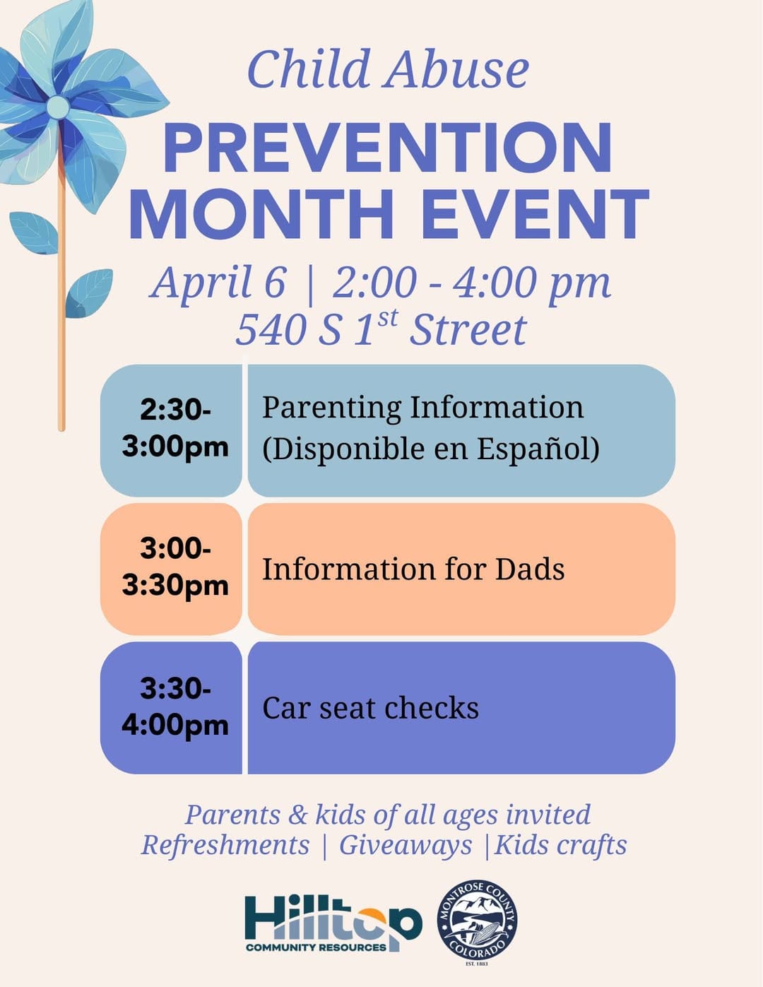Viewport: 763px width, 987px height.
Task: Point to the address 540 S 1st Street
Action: pyautogui.click(x=381, y=329)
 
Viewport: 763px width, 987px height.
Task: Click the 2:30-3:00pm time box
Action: pyautogui.click(x=174, y=429)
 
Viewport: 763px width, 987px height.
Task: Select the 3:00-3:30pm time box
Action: pyautogui.click(x=174, y=567)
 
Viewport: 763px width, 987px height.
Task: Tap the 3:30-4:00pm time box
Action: pyautogui.click(x=174, y=707)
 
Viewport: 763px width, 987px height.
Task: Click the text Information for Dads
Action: pyautogui.click(x=413, y=569)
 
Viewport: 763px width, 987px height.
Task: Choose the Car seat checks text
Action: pyautogui.click(x=370, y=708)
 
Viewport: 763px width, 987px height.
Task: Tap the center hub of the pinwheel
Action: pyautogui.click(x=58, y=107)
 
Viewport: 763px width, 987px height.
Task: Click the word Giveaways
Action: pyautogui.click(x=405, y=845)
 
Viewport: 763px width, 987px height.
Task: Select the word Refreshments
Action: pyautogui.click(x=225, y=845)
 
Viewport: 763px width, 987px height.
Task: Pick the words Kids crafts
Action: pyautogui.click(x=560, y=845)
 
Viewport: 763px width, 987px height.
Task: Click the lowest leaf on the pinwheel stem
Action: pyautogui.click(x=90, y=292)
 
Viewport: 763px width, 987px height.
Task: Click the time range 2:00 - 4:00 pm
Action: pyautogui.click(x=471, y=283)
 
